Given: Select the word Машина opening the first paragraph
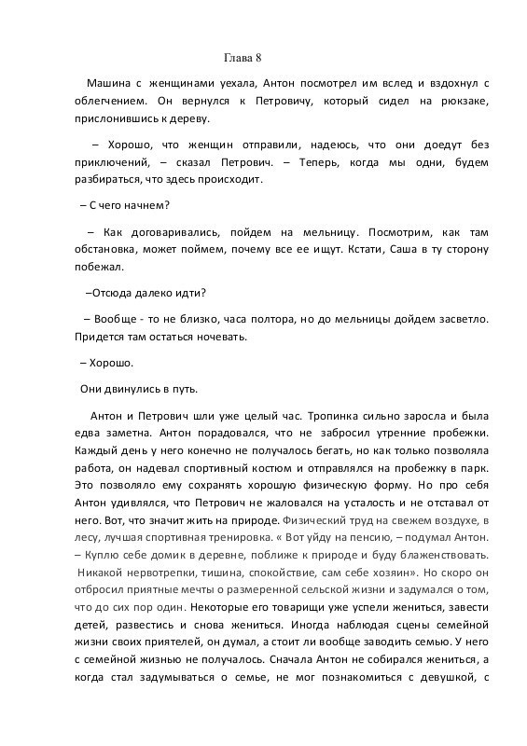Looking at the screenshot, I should pos(111,83).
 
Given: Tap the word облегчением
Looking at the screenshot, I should pos(108,101).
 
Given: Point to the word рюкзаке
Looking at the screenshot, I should pos(463,101).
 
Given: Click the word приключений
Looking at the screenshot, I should pos(109,163).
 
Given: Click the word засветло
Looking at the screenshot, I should pos(460,319).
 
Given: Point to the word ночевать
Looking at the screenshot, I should pos(222,337).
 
